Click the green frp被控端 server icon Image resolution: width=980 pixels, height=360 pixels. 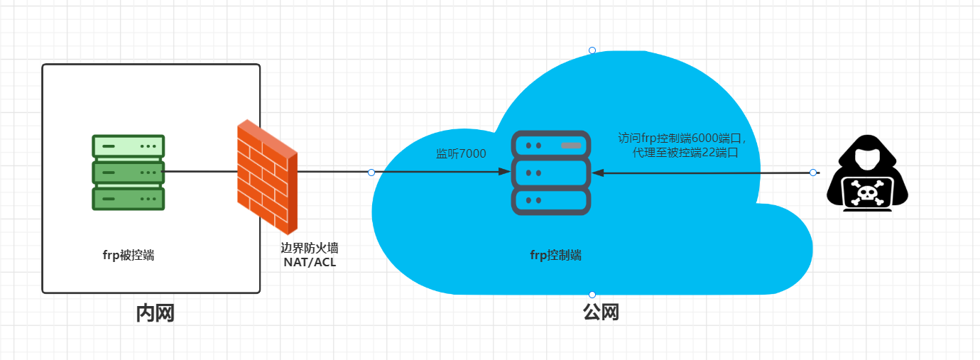(128, 173)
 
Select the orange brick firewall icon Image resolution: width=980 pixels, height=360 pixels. (267, 177)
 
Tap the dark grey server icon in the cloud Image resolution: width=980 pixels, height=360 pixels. (550, 173)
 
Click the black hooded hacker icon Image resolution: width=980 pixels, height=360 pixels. (867, 174)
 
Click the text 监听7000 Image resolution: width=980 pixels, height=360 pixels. (461, 153)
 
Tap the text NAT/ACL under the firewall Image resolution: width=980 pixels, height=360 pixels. (309, 263)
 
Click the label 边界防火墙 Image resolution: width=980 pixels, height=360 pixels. (309, 249)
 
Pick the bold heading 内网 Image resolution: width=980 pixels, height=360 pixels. (155, 313)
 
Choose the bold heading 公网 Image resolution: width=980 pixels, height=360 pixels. (601, 312)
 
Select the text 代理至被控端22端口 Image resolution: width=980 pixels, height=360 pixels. (685, 152)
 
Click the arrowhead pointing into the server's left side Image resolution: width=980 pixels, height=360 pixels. (504, 173)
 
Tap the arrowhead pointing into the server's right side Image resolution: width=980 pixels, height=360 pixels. (598, 173)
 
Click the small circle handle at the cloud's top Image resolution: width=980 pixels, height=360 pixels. (592, 50)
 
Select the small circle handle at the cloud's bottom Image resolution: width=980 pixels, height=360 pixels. (592, 295)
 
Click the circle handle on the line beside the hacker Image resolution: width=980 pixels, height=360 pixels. (813, 173)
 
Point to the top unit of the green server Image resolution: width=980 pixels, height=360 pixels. (128, 146)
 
